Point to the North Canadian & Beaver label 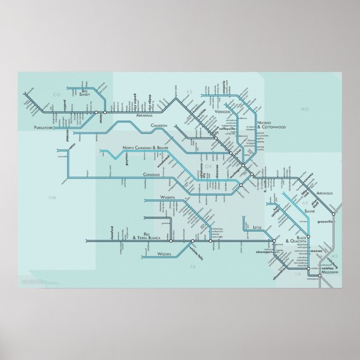click(145, 148)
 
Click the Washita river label click(168, 198)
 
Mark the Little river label click(257, 228)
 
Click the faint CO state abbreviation click(55, 94)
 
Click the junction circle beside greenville click(334, 212)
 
